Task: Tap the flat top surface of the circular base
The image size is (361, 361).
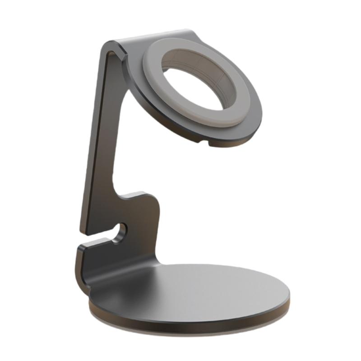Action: pos(203,289)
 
